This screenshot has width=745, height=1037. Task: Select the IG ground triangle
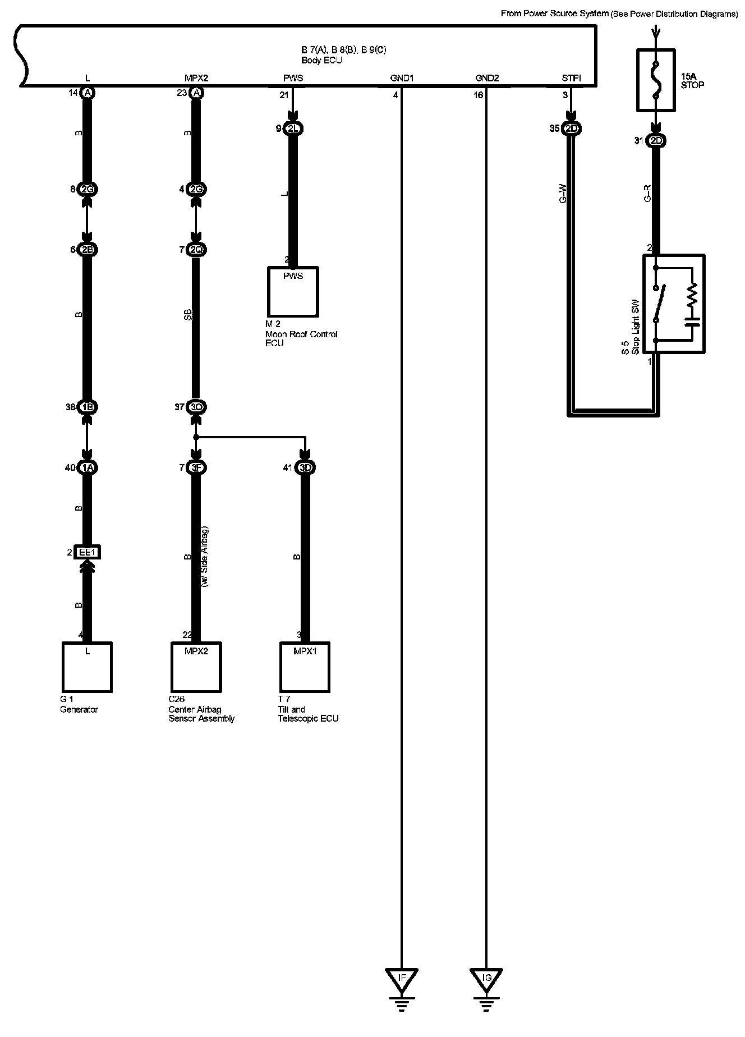486,978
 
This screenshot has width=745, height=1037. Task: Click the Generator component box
87,667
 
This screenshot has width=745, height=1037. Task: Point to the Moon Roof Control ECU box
293,292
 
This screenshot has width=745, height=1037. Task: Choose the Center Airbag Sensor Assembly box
196,667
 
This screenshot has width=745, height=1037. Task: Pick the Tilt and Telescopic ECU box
305,667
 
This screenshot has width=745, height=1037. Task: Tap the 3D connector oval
305,467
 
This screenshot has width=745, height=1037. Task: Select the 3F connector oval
196,467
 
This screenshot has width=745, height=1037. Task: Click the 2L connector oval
293,129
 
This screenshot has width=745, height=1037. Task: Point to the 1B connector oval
87,407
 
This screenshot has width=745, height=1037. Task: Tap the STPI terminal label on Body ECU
571,79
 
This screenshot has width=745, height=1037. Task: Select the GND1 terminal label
402,79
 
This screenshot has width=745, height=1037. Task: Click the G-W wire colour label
563,194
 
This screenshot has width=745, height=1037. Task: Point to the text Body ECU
321,60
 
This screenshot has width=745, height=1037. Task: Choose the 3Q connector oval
196,407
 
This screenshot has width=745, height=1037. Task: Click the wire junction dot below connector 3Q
196,437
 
